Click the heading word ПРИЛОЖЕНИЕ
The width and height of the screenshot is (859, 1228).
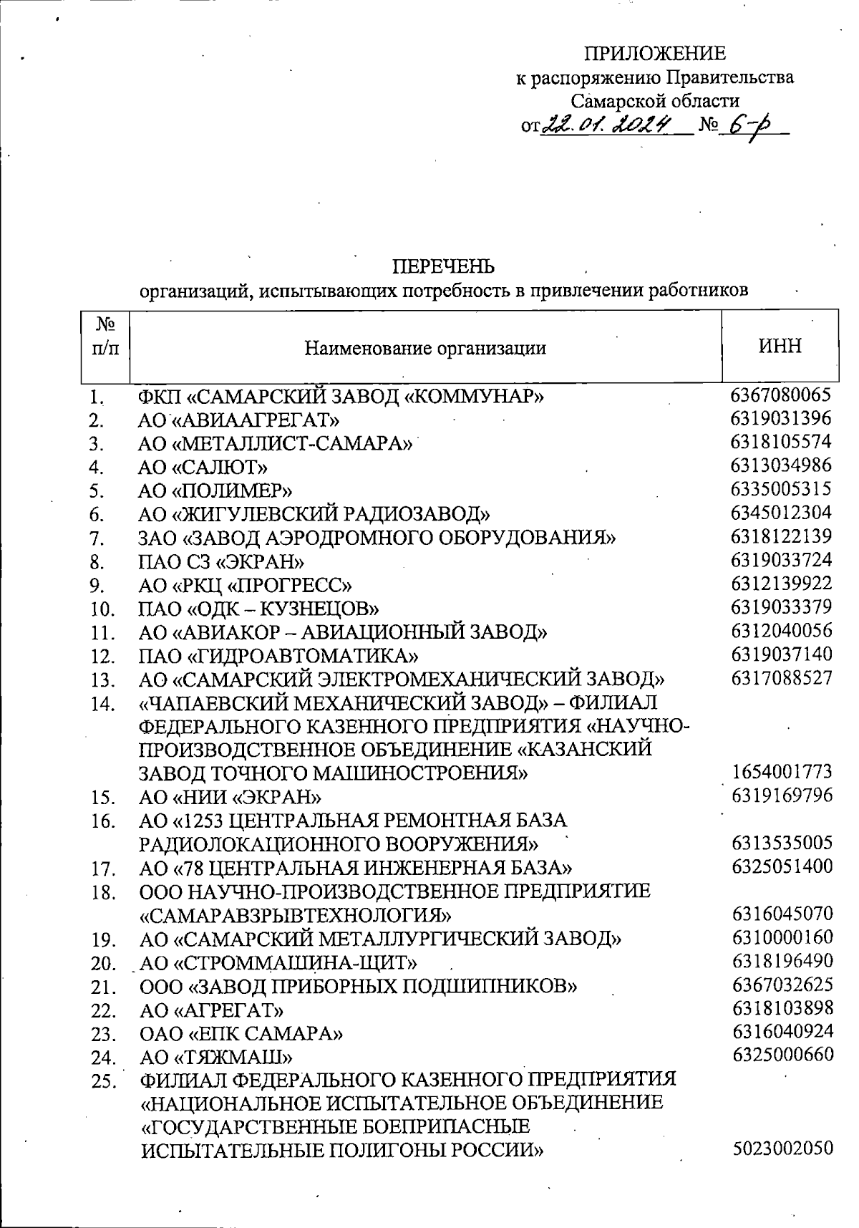pos(655,54)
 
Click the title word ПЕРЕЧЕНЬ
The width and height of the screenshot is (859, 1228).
pos(444,267)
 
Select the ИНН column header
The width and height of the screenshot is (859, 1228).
pos(780,347)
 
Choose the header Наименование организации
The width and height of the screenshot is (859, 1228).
pos(425,348)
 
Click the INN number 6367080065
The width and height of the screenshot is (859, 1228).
pos(781,395)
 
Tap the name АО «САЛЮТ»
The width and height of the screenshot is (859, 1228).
pos(203,468)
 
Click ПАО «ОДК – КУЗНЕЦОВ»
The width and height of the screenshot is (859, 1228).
pos(258,609)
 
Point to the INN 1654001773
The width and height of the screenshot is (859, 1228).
pos(782,772)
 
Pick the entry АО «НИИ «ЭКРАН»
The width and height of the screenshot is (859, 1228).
pos(230,797)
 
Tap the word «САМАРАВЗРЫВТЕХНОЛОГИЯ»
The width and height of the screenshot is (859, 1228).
pos(296,915)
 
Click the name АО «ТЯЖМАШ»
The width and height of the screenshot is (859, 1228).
pos(216,1057)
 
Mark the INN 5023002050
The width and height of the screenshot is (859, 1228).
pos(782,1149)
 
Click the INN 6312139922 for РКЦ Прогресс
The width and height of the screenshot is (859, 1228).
pos(781,584)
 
